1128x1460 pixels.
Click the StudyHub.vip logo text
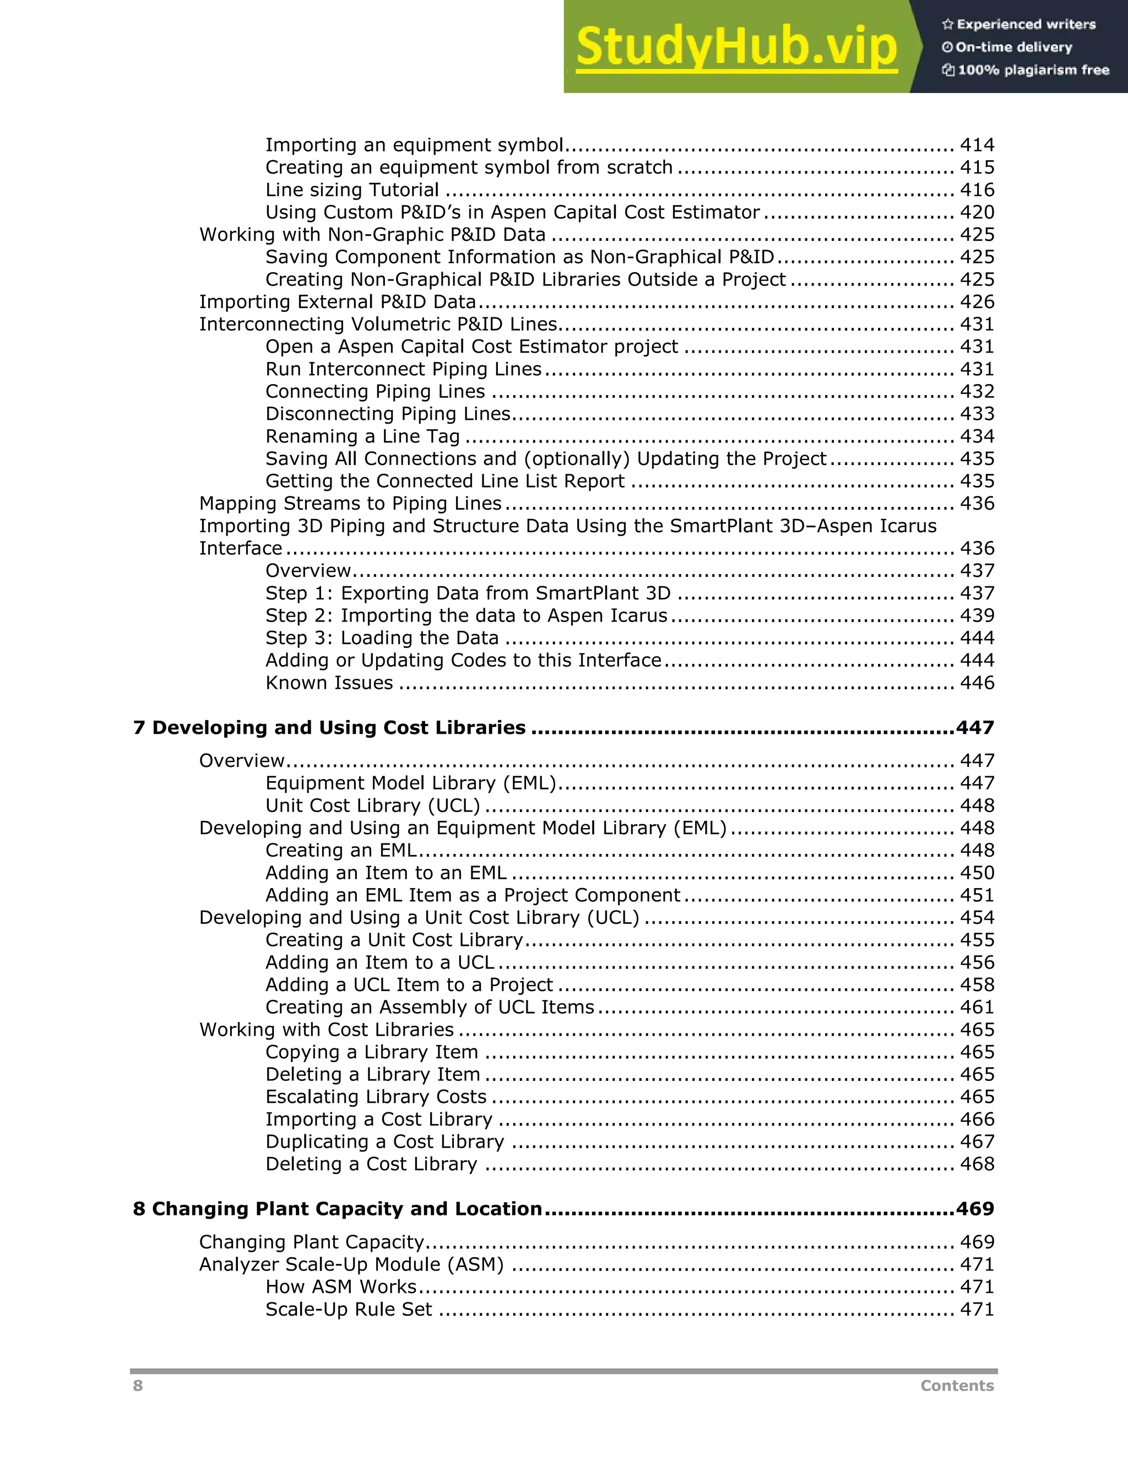pyautogui.click(x=736, y=47)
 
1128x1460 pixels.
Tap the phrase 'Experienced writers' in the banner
pyautogui.click(x=1026, y=25)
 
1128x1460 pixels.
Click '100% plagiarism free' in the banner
pyautogui.click(x=1033, y=70)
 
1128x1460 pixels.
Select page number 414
pyautogui.click(x=977, y=145)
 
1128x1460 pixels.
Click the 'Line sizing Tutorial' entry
pyautogui.click(x=352, y=190)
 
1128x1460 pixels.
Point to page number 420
pyautogui.click(x=977, y=213)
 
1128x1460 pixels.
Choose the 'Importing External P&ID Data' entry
pyautogui.click(x=338, y=302)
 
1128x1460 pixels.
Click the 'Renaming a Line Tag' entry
pyautogui.click(x=362, y=436)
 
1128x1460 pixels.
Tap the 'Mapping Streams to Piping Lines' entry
pyautogui.click(x=350, y=504)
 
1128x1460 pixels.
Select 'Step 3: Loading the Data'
pyautogui.click(x=382, y=638)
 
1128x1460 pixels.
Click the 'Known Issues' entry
pyautogui.click(x=329, y=683)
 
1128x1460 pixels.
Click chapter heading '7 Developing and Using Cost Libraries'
pyautogui.click(x=329, y=727)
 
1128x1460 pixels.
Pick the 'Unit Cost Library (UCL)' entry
pyautogui.click(x=372, y=805)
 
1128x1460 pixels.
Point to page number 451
pyautogui.click(x=977, y=895)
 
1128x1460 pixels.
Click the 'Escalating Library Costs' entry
pyautogui.click(x=376, y=1096)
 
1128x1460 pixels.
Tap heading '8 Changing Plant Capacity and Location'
pyautogui.click(x=338, y=1209)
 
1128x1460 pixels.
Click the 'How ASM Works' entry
pyautogui.click(x=341, y=1287)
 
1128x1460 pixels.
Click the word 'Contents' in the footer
pyautogui.click(x=957, y=1386)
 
